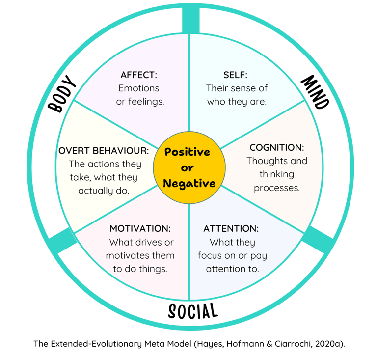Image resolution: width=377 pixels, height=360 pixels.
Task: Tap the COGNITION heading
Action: click(x=276, y=147)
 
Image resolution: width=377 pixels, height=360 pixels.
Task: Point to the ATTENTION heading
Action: click(x=231, y=228)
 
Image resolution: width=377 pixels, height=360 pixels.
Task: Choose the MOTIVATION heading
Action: click(x=140, y=228)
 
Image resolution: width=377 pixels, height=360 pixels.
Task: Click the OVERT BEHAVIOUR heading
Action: click(x=103, y=151)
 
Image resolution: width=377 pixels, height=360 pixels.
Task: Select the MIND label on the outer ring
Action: click(x=314, y=92)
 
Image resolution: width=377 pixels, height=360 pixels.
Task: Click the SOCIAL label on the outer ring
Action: click(x=192, y=311)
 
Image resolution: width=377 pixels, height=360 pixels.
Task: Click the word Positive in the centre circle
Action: click(x=187, y=152)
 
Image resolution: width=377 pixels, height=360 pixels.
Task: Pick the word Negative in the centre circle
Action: click(x=189, y=184)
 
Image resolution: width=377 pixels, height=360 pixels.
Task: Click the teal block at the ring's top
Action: click(x=189, y=20)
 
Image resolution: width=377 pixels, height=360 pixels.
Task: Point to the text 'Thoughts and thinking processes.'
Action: click(x=277, y=174)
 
